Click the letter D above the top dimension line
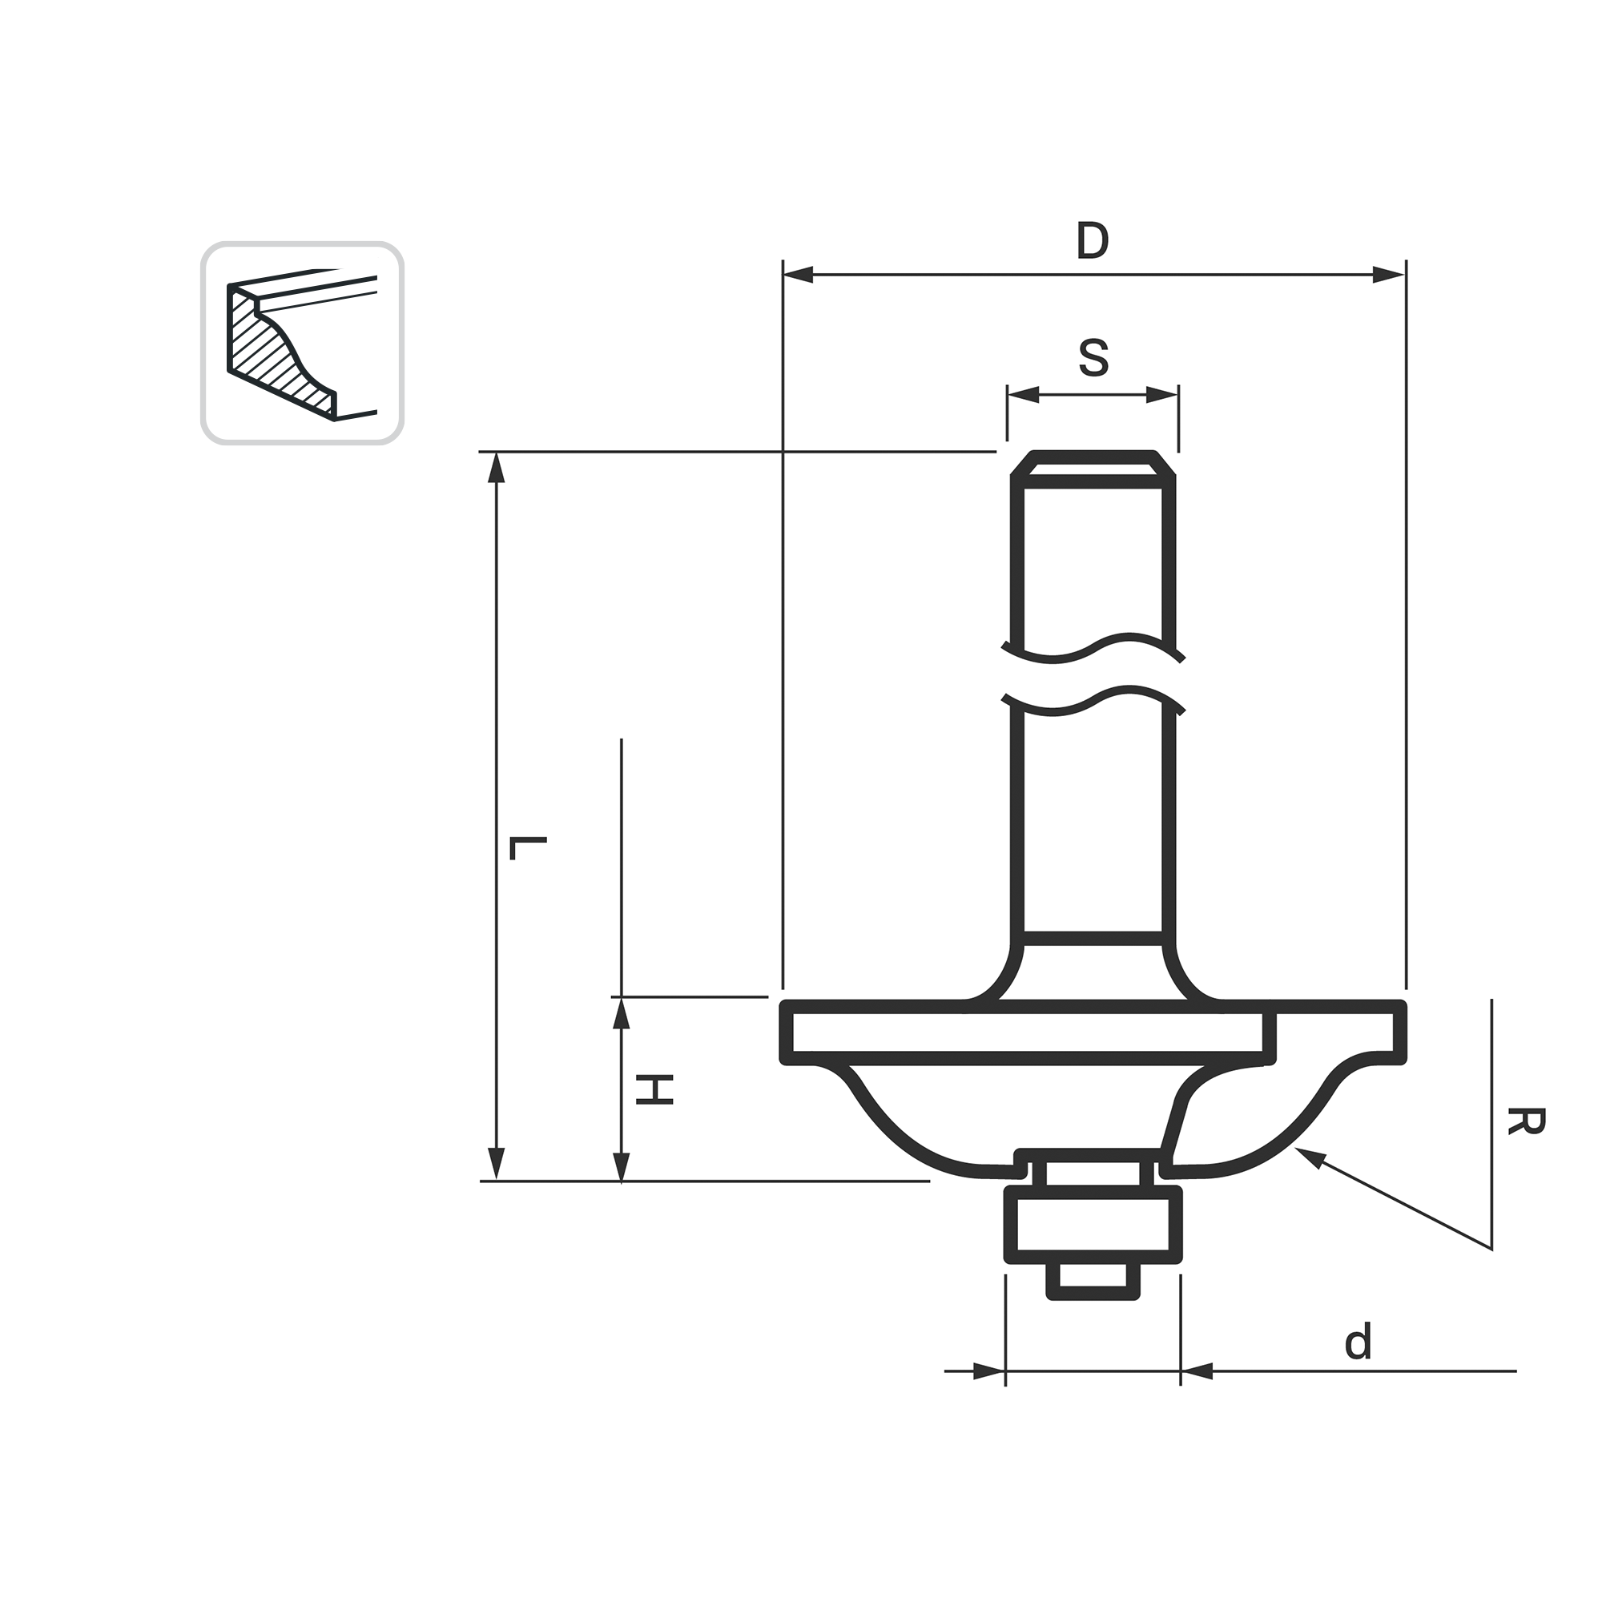(1092, 240)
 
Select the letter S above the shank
(1093, 358)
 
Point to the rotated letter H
(654, 1089)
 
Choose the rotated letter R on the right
(1526, 1122)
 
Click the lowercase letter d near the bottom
(1358, 1342)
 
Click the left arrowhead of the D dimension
(798, 275)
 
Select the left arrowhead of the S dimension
(1023, 395)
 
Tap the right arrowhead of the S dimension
(1161, 395)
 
